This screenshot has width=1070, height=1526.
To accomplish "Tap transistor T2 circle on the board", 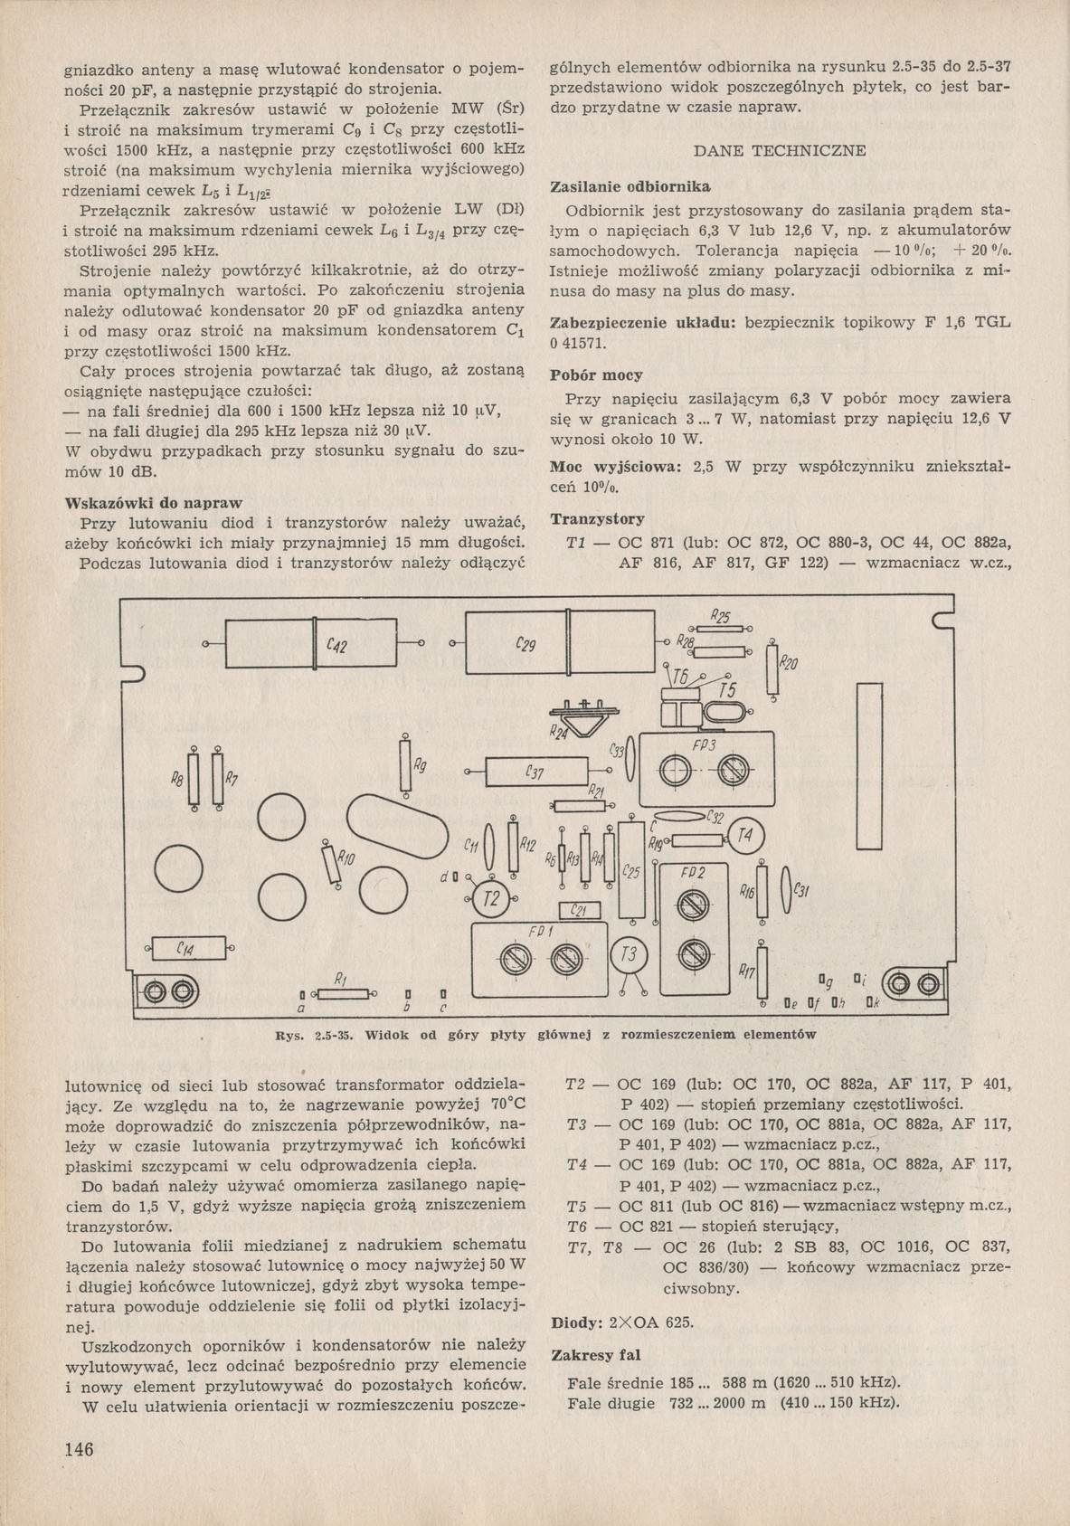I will pyautogui.click(x=491, y=899).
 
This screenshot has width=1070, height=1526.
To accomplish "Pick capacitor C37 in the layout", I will pyautogui.click(x=535, y=772).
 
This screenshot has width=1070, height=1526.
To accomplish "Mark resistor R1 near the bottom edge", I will pyautogui.click(x=341, y=993).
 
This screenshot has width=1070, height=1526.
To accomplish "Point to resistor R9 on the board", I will pyautogui.click(x=405, y=766).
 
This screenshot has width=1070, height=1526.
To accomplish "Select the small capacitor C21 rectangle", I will pyautogui.click(x=580, y=911).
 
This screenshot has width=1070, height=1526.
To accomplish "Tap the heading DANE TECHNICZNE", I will pyautogui.click(x=779, y=150).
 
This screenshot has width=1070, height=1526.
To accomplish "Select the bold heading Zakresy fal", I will pyautogui.click(x=596, y=1354).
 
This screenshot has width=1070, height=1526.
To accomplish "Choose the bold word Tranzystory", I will pyautogui.click(x=598, y=519).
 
